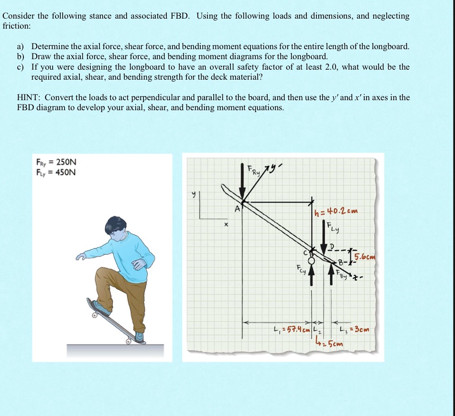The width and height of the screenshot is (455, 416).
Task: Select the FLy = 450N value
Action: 56,172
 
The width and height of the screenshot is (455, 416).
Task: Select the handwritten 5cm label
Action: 330,343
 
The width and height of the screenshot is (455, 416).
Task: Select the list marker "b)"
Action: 21,56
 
